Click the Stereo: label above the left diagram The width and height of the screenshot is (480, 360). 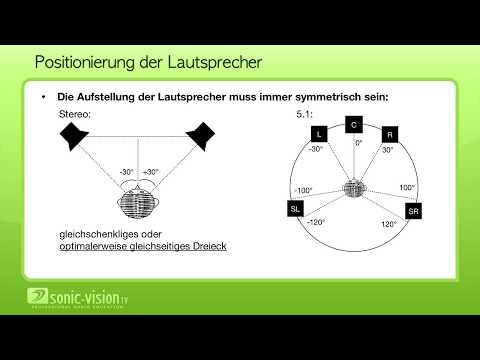point(75,116)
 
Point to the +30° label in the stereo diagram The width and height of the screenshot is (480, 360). point(152,171)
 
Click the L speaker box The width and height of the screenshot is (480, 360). point(319,133)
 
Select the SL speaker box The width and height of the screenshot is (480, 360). point(295,209)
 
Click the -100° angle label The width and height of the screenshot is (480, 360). point(303,190)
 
